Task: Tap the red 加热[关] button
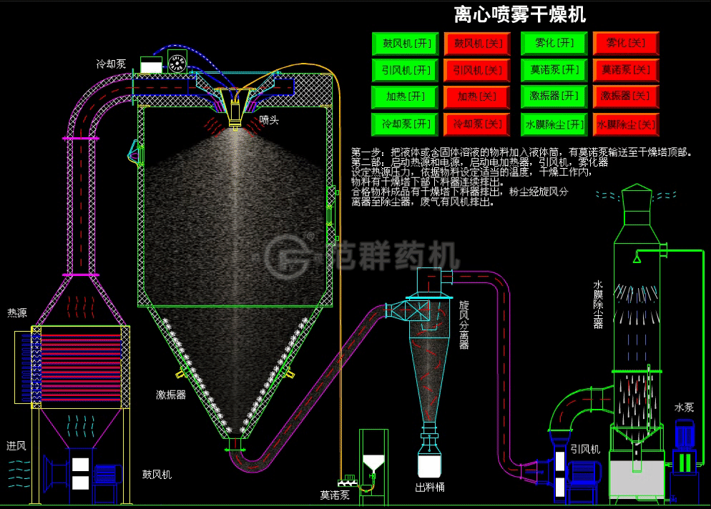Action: tap(478, 97)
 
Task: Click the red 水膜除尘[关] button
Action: tap(626, 124)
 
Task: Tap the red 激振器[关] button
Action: tap(626, 97)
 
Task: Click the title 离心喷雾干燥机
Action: tap(520, 14)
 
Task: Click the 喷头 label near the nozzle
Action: tap(269, 120)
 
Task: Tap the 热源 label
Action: tap(17, 312)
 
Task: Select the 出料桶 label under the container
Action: tap(430, 488)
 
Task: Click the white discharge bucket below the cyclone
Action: tap(429, 465)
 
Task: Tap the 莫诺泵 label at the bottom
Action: tap(334, 494)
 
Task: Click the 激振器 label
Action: tap(171, 395)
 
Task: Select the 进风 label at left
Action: tap(16, 445)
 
